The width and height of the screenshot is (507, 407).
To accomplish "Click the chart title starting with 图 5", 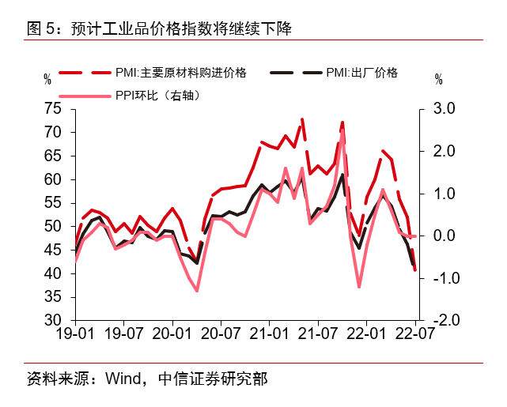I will coord(158,30).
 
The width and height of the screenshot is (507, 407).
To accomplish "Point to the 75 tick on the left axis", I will coord(53,109).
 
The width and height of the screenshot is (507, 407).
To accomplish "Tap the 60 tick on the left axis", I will coord(53,179).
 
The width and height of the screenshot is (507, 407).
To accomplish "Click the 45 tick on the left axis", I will coord(53,250).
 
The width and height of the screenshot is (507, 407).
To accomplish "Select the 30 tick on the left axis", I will coord(53,320).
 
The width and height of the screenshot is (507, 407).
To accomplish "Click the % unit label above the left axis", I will coord(47,79).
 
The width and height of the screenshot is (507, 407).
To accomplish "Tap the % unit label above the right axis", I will coord(439,79).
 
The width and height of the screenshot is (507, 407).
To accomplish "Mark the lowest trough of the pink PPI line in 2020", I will coord(197,290).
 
